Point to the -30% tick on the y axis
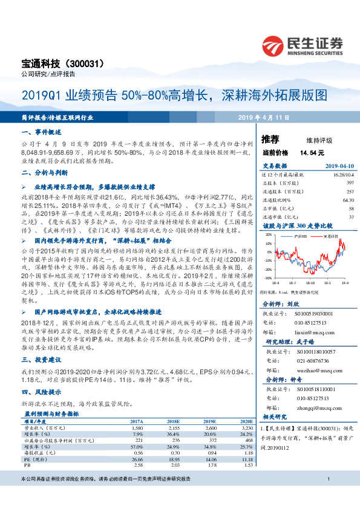[267, 278]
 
